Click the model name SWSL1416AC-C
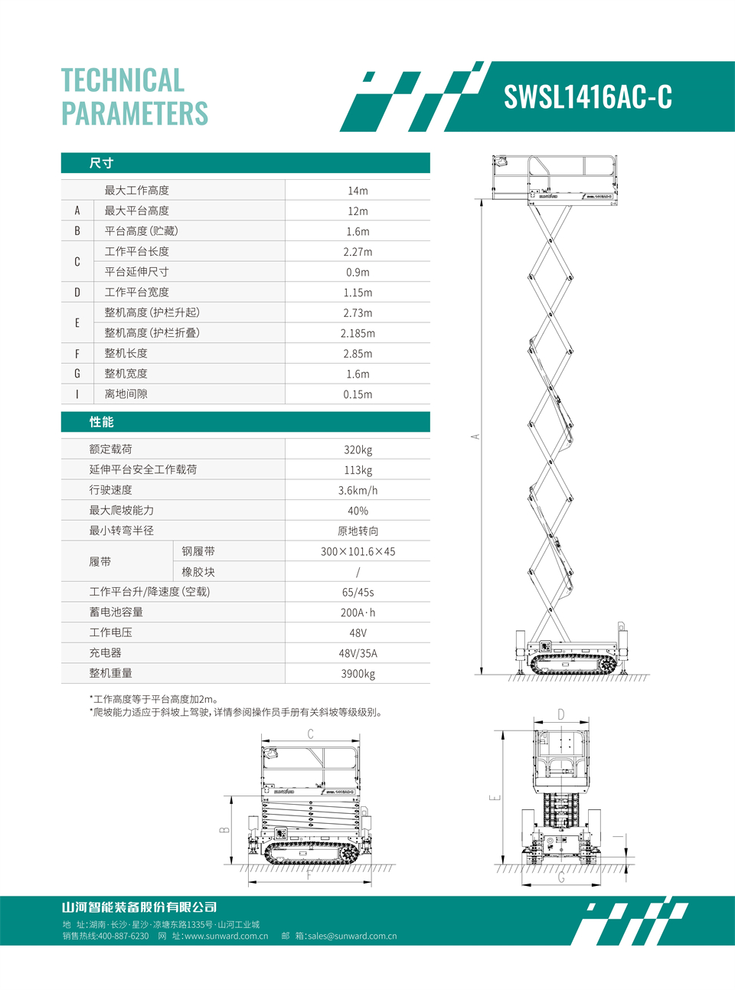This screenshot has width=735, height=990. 587,97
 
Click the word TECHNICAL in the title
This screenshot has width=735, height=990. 122,80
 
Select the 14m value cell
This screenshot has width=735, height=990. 358,191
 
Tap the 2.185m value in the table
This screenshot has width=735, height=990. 358,333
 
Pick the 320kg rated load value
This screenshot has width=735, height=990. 358,449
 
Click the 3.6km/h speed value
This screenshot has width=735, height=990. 358,490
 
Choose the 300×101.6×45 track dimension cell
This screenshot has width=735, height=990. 358,551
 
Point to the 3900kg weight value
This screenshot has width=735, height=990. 358,674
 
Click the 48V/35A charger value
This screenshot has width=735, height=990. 358,653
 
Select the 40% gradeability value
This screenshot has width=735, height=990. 358,511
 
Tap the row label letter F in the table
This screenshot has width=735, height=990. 77,354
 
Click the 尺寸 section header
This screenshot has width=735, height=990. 101,163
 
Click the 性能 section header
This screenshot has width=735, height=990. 101,422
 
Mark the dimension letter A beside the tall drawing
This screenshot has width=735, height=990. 475,436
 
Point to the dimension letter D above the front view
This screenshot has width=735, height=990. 561,714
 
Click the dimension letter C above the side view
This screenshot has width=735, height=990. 310,734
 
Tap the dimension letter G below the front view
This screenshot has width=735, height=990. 561,877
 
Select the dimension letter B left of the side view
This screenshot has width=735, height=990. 224,830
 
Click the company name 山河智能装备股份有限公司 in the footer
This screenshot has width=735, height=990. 139,907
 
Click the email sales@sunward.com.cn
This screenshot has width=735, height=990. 352,936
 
